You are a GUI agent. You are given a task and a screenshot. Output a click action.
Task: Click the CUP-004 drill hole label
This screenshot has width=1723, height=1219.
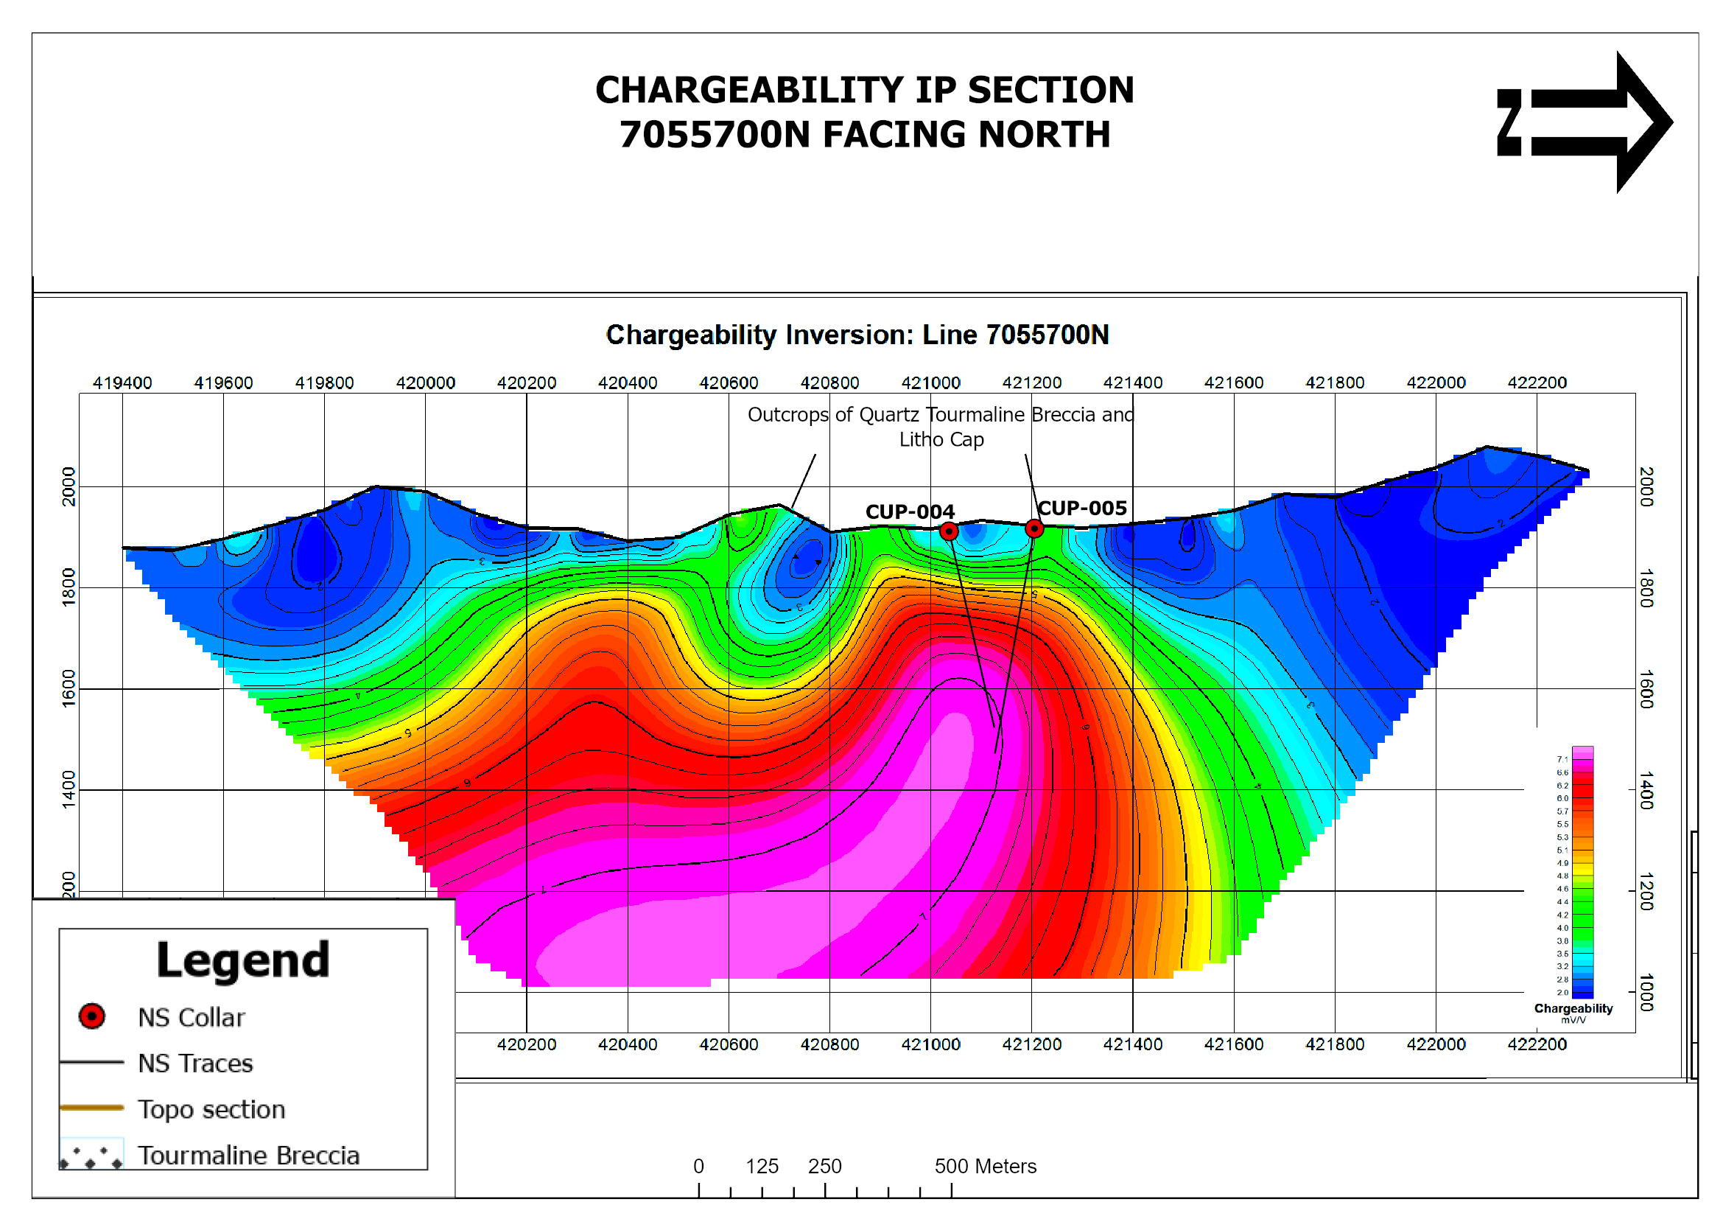pyautogui.click(x=910, y=512)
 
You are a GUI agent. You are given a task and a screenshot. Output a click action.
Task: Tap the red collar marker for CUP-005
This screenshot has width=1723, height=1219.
pyautogui.click(x=1034, y=528)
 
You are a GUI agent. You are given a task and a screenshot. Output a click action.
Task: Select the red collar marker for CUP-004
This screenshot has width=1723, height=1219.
pyautogui.click(x=949, y=531)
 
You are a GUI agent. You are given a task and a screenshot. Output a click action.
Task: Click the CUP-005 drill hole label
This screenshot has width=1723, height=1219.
pyautogui.click(x=1082, y=509)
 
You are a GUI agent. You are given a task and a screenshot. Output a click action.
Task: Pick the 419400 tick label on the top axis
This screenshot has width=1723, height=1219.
pyautogui.click(x=122, y=383)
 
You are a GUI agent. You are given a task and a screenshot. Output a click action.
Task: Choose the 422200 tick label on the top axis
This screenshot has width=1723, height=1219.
pyautogui.click(x=1537, y=383)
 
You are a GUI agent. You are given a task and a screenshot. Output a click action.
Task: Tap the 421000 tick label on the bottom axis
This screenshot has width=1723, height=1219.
pyautogui.click(x=930, y=1044)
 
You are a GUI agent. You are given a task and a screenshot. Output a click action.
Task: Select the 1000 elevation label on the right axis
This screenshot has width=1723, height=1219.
pyautogui.click(x=1646, y=992)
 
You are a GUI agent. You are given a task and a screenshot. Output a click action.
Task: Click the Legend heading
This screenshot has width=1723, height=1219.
pyautogui.click(x=243, y=960)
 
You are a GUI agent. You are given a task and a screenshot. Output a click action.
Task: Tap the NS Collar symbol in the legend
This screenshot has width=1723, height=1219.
pyautogui.click(x=92, y=1016)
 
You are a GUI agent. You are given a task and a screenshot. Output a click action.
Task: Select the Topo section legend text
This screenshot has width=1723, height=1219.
pyautogui.click(x=211, y=1109)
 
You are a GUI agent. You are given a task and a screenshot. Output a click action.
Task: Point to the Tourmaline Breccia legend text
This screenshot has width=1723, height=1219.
pyautogui.click(x=248, y=1155)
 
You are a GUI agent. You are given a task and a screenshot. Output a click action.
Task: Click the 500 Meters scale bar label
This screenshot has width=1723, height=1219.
pyautogui.click(x=985, y=1166)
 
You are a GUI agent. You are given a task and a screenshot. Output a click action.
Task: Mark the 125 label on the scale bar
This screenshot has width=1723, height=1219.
pyautogui.click(x=762, y=1166)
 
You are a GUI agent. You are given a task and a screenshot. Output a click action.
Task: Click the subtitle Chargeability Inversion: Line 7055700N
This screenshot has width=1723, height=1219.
pyautogui.click(x=857, y=335)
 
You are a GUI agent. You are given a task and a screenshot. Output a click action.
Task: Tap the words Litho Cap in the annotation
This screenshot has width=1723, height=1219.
pyautogui.click(x=941, y=440)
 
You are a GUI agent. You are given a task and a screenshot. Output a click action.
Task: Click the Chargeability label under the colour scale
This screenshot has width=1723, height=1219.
pyautogui.click(x=1573, y=1008)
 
